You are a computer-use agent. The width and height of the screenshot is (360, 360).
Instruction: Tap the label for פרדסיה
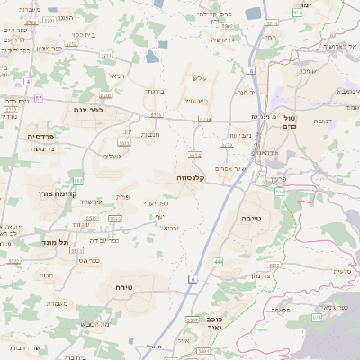[x=40, y=136]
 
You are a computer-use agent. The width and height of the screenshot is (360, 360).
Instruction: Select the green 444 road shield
[x=218, y=261]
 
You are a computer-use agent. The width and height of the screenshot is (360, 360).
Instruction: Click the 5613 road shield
[x=124, y=142]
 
